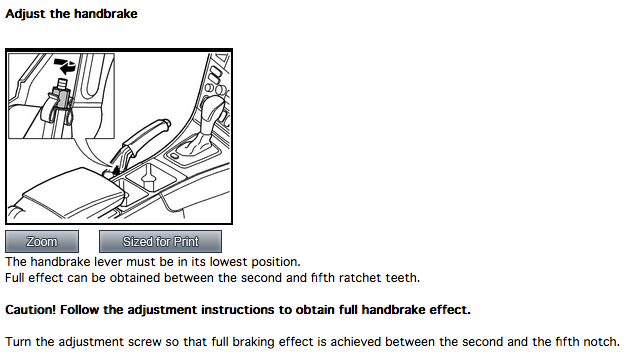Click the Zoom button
(x=42, y=241)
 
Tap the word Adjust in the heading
(x=25, y=14)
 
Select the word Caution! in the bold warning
(x=31, y=310)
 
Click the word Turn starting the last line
(x=18, y=342)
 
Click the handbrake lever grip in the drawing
(x=145, y=134)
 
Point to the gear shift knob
(x=212, y=107)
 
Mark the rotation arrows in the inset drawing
(x=65, y=65)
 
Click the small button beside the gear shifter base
(x=174, y=156)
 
